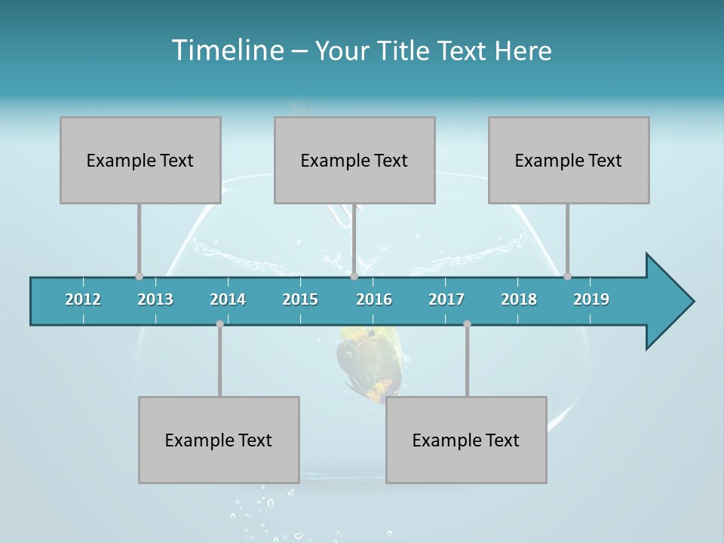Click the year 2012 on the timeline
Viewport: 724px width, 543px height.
point(83,299)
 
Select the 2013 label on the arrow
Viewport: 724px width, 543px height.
point(155,299)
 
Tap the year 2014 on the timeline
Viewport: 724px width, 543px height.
point(228,299)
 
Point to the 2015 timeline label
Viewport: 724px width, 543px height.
point(300,299)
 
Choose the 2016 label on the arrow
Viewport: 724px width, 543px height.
point(374,299)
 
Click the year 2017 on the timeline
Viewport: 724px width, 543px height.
point(446,299)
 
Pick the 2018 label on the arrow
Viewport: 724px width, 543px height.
point(519,299)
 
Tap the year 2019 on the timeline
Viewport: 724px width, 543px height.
point(591,299)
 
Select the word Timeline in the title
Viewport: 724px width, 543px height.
point(226,51)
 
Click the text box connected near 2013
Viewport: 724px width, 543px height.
point(140,160)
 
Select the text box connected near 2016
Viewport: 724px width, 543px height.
point(354,160)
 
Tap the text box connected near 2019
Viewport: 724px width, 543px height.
point(569,160)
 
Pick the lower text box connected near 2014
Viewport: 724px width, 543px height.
point(219,440)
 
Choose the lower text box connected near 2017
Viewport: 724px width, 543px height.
point(466,440)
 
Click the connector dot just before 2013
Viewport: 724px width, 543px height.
point(139,276)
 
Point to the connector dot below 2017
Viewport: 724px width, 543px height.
point(467,324)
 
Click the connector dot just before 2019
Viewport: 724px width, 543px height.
point(567,276)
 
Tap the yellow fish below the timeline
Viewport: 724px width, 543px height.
point(368,360)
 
